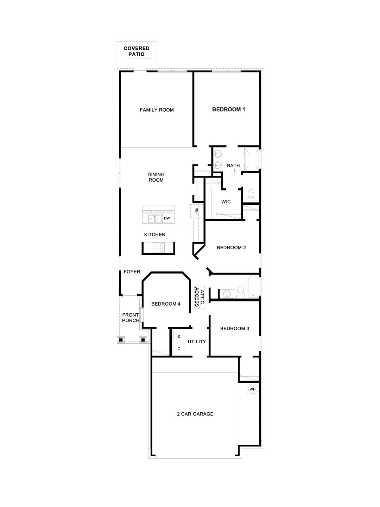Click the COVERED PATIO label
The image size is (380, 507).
pyautogui.click(x=136, y=51)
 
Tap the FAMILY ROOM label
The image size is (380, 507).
pyautogui.click(x=157, y=110)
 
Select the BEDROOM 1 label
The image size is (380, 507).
pyautogui.click(x=228, y=109)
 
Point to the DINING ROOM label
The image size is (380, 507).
pyautogui.click(x=156, y=177)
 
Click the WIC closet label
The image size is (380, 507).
pyautogui.click(x=226, y=202)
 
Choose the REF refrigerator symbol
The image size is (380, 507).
pyautogui.click(x=197, y=211)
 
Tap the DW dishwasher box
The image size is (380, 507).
pyautogui.click(x=167, y=219)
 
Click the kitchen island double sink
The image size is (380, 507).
pyautogui.click(x=154, y=219)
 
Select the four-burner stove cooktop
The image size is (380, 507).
pyautogui.click(x=158, y=248)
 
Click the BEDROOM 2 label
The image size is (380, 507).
pyautogui.click(x=231, y=248)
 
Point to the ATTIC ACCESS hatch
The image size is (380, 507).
pyautogui.click(x=199, y=297)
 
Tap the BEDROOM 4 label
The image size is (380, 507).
pyautogui.click(x=166, y=304)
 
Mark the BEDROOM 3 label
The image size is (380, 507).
pyautogui.click(x=235, y=328)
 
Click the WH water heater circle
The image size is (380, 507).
pyautogui.click(x=252, y=389)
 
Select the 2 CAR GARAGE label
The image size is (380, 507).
pyautogui.click(x=195, y=414)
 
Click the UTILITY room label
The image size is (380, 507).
pyautogui.click(x=197, y=342)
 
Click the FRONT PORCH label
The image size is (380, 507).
pyautogui.click(x=131, y=318)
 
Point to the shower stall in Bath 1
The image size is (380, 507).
pyautogui.click(x=252, y=159)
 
